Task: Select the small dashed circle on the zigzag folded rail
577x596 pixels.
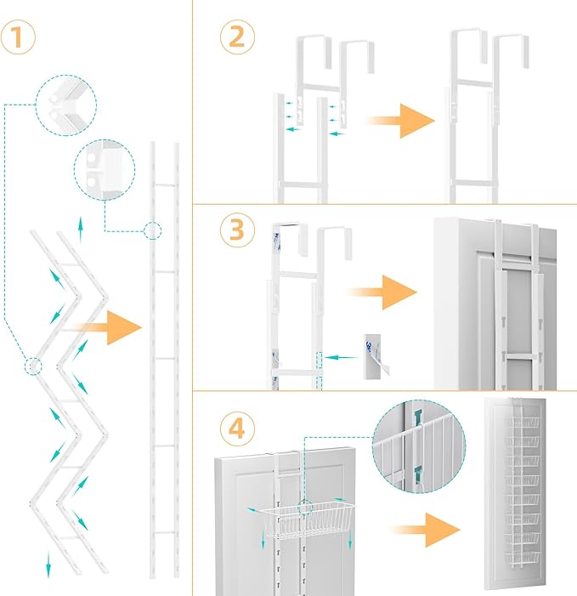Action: [32, 366]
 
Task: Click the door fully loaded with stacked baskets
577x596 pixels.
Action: [518, 496]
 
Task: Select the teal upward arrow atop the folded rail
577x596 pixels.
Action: [82, 226]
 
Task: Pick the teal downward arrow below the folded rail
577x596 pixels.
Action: [48, 562]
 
